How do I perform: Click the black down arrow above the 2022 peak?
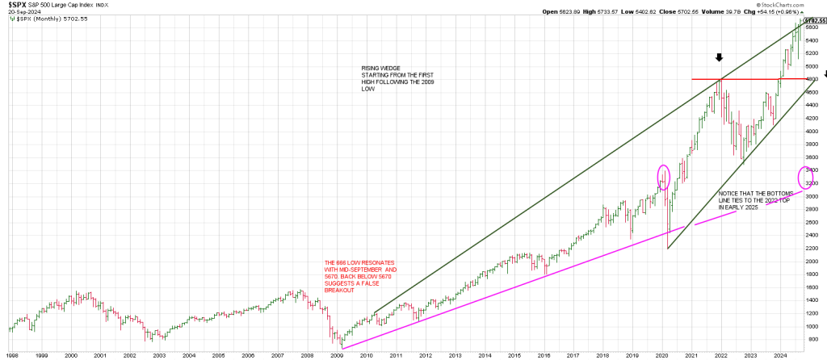(x=720, y=58)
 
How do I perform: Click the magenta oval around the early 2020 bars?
(x=664, y=177)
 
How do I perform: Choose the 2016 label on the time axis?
(x=544, y=354)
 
